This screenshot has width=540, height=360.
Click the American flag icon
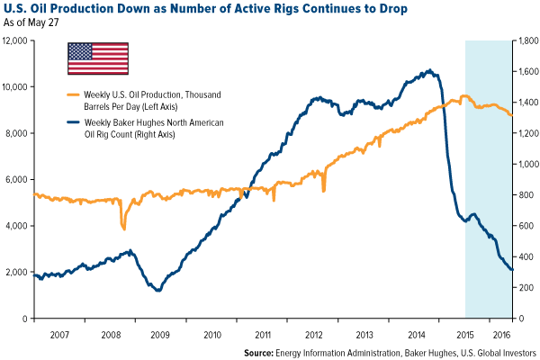point(97,58)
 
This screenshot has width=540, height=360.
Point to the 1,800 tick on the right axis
point(527,40)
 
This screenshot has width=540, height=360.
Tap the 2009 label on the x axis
point(159,334)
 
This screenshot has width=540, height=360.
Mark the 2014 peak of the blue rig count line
point(429,70)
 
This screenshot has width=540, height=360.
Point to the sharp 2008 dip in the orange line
point(123,229)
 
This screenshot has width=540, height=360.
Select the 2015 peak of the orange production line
point(463,95)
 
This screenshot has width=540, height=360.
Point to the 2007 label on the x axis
point(58,334)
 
